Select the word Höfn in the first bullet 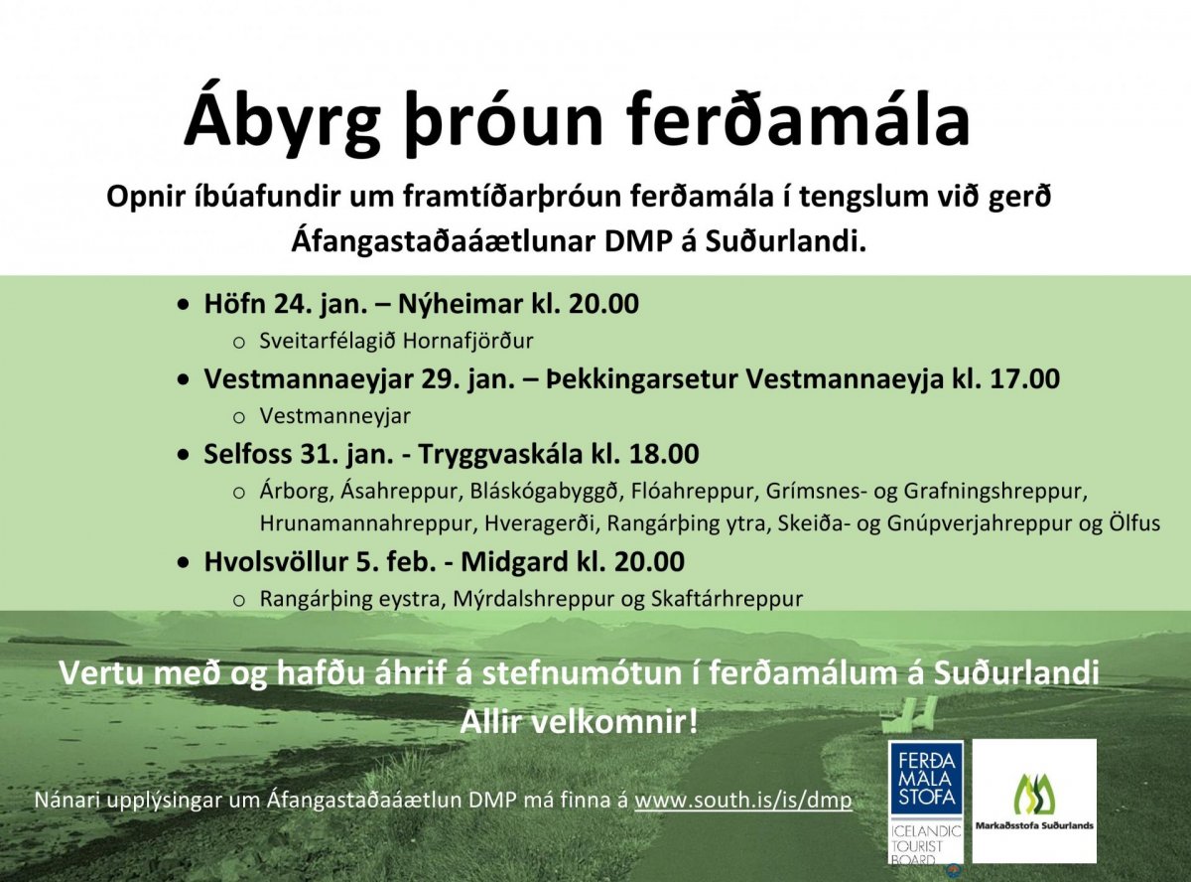(234, 304)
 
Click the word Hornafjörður (468, 342)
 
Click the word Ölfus (1134, 523)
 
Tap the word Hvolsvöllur (276, 561)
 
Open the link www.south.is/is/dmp (743, 801)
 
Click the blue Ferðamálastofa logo (926, 803)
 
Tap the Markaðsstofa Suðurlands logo (1034, 801)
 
